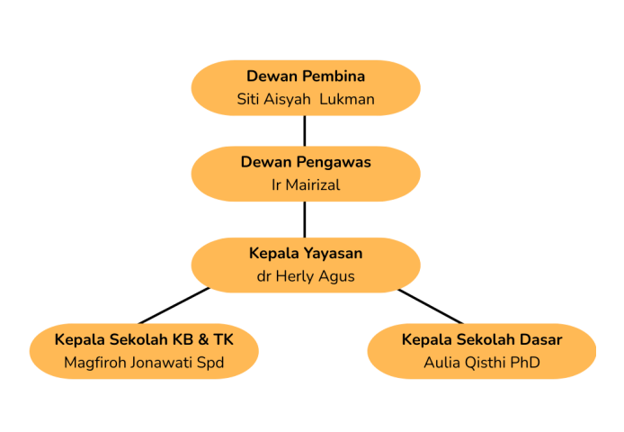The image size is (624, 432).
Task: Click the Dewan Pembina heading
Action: [306, 76]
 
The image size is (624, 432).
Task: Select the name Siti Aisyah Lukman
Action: [306, 99]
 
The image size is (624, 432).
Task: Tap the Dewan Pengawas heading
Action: [306, 162]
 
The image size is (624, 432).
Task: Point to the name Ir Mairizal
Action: [306, 185]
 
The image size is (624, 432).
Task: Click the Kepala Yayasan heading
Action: [306, 253]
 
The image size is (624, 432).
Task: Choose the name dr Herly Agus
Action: [306, 276]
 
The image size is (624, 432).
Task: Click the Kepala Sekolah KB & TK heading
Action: [144, 339]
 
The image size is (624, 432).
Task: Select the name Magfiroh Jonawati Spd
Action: [144, 363]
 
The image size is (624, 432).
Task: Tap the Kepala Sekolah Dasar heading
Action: [482, 339]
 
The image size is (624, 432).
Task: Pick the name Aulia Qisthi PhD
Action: [482, 363]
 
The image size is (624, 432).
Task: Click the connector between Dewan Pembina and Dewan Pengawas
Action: [306, 130]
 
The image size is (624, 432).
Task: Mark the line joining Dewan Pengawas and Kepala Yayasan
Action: [306, 219]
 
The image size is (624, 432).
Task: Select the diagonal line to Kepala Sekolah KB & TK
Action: [174, 306]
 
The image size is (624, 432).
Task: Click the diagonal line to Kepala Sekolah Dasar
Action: [431, 306]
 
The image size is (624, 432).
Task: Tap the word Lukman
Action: [347, 99]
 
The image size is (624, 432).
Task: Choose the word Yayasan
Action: [333, 253]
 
